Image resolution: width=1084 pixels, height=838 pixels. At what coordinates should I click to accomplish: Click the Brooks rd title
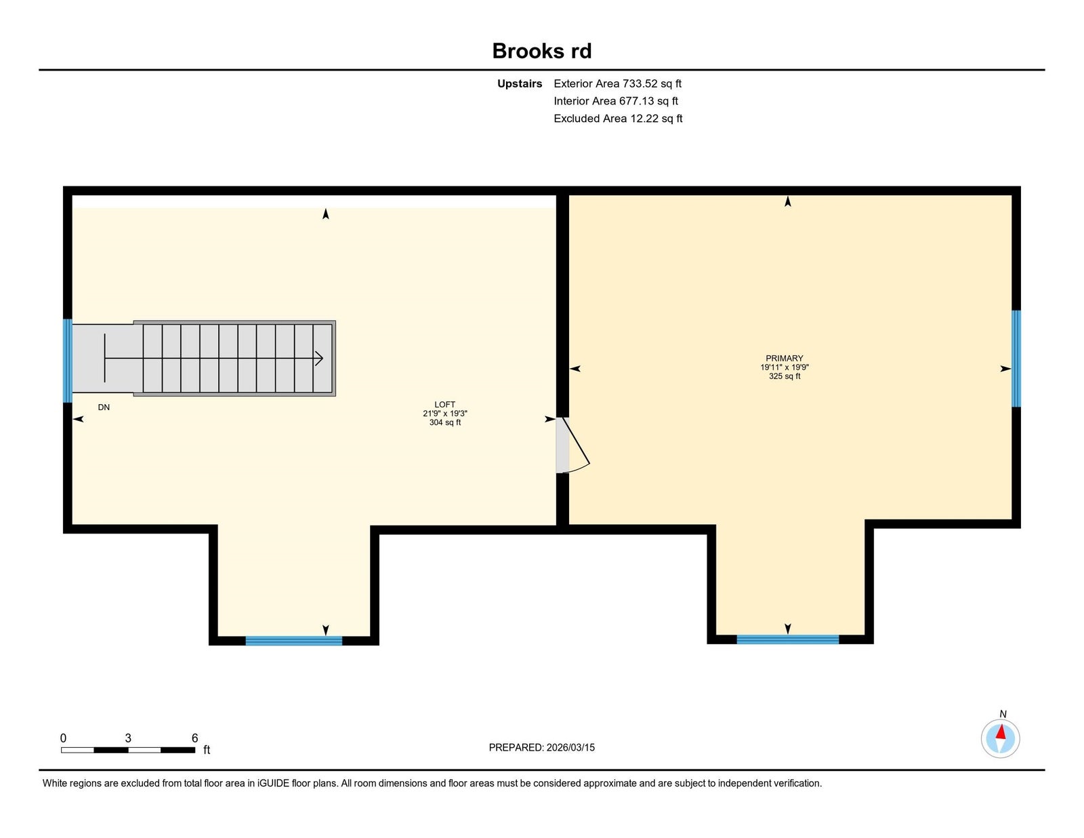(x=542, y=51)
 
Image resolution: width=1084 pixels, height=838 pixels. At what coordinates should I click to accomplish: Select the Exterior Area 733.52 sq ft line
(x=617, y=83)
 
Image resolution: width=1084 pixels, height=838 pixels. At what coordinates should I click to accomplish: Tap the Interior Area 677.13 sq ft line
(x=616, y=101)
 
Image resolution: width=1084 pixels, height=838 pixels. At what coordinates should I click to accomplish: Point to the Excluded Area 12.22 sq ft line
(x=618, y=118)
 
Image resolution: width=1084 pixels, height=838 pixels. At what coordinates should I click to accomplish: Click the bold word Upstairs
(x=519, y=84)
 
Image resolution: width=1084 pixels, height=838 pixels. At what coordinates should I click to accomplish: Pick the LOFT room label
(x=444, y=404)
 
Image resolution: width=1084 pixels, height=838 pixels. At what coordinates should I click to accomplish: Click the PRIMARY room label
(x=784, y=358)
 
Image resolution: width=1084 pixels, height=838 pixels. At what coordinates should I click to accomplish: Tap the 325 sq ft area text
(x=784, y=376)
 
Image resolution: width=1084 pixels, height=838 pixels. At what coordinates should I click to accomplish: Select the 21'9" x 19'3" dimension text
(x=444, y=414)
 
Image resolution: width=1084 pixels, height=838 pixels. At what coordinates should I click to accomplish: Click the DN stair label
(x=104, y=407)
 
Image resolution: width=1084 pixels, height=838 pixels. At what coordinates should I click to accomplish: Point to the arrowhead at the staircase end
(x=319, y=358)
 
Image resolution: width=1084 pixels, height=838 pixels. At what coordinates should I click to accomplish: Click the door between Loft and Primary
(x=572, y=445)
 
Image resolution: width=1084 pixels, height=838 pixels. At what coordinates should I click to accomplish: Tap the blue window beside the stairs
(x=67, y=361)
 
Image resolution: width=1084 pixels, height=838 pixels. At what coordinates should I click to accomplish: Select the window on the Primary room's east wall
(x=1016, y=359)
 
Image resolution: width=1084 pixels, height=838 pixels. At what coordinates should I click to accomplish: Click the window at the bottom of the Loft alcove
(x=294, y=641)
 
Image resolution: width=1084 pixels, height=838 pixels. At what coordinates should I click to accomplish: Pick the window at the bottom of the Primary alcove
(x=788, y=639)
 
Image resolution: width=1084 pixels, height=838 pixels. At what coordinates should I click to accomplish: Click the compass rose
(x=1000, y=739)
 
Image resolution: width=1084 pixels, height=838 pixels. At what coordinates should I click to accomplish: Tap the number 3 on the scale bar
(x=128, y=738)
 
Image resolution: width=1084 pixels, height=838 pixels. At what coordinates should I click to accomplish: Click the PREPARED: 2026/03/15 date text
(x=542, y=747)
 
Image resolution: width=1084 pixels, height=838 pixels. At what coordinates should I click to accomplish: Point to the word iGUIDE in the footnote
(x=273, y=783)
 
